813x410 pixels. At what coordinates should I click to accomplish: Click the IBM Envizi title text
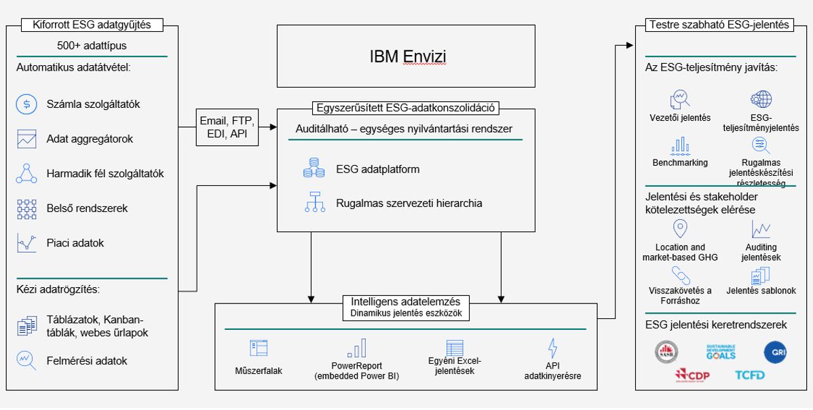click(x=408, y=56)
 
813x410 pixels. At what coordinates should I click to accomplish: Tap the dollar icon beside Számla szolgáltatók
click(x=26, y=105)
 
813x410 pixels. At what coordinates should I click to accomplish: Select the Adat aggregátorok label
click(x=90, y=139)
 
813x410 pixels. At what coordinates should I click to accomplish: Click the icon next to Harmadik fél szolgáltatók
click(x=26, y=174)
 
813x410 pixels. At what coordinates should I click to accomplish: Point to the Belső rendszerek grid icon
click(x=26, y=208)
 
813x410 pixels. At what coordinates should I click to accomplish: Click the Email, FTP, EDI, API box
click(x=227, y=128)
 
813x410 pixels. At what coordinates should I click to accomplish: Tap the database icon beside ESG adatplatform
click(x=314, y=169)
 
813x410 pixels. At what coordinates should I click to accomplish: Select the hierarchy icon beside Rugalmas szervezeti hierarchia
click(x=314, y=202)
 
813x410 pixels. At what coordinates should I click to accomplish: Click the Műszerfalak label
click(x=259, y=371)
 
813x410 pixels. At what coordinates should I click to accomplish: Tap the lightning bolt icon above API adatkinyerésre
click(x=552, y=348)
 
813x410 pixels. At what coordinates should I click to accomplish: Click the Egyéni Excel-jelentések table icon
click(x=455, y=348)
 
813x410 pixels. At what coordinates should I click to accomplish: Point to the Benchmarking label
click(x=680, y=163)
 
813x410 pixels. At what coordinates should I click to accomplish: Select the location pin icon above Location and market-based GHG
click(x=679, y=229)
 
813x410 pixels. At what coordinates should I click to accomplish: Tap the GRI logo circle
click(x=774, y=352)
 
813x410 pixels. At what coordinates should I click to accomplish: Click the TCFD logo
click(x=749, y=375)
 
